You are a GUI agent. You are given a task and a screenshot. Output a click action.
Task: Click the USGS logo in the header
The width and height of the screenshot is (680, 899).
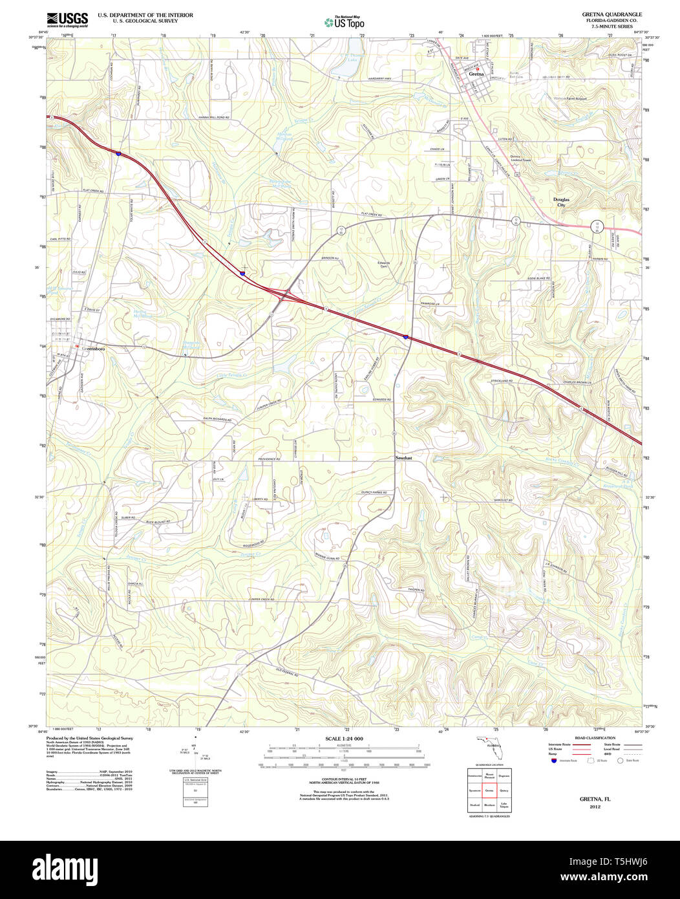click(67, 19)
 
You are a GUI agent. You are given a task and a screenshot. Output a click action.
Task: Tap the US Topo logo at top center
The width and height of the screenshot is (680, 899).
click(344, 23)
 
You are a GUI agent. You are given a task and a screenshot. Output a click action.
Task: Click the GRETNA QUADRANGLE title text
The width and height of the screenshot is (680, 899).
click(602, 14)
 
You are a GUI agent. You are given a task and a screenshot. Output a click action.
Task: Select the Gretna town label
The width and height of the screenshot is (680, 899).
click(476, 74)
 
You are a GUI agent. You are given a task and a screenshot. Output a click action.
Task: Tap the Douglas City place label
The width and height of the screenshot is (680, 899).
click(561, 202)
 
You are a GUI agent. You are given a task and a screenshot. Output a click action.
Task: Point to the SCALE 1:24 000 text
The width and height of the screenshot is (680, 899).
click(344, 739)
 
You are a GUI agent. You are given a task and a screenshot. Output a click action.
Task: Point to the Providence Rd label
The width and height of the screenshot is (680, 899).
click(271, 459)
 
